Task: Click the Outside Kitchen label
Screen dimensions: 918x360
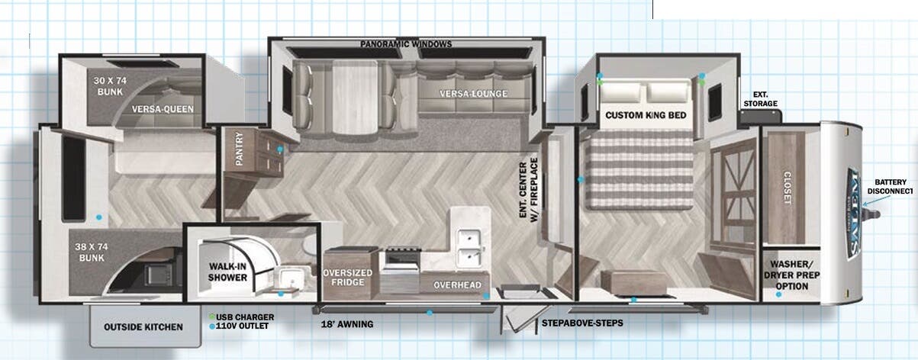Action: (x=143, y=327)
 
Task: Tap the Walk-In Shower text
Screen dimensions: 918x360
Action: (x=227, y=272)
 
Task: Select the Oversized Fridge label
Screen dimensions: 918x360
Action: (x=347, y=278)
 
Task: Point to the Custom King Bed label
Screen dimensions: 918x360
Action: (x=646, y=115)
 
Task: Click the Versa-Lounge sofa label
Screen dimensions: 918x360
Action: (x=473, y=94)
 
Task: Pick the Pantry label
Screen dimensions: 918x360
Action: (x=239, y=149)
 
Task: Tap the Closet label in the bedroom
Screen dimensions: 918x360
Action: (x=787, y=187)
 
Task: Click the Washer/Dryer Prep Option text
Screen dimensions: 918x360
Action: (x=792, y=275)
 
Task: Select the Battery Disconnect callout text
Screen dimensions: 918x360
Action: (x=890, y=186)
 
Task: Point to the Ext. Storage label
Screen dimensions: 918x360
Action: (x=761, y=99)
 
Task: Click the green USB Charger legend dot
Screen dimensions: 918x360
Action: (x=212, y=317)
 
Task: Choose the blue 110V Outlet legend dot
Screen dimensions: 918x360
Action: (x=212, y=326)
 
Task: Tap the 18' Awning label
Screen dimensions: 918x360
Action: (x=347, y=324)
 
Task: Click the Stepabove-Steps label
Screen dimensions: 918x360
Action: (x=582, y=323)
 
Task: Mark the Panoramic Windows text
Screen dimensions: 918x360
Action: (x=406, y=43)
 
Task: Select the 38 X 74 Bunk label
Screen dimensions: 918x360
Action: (x=92, y=252)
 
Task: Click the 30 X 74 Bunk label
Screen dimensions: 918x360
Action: (x=110, y=86)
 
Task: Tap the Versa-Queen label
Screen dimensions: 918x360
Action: (x=163, y=109)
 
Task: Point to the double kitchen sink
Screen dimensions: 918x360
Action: (x=469, y=248)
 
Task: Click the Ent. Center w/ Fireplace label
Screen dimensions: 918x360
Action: (x=528, y=190)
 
